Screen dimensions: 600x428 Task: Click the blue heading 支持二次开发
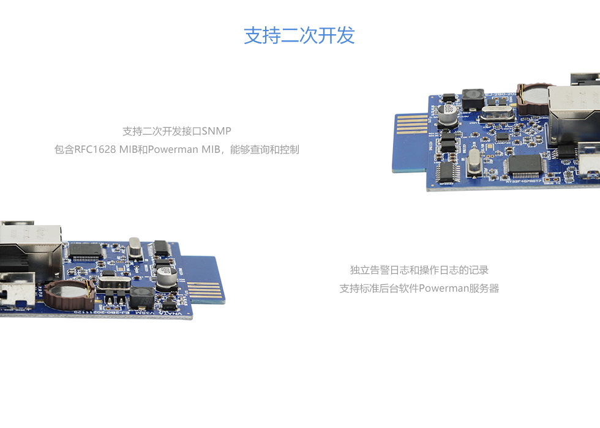[299, 35]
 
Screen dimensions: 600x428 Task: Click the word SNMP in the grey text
[216, 131]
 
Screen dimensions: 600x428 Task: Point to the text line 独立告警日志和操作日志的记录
[419, 270]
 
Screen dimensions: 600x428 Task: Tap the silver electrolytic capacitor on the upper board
[448, 113]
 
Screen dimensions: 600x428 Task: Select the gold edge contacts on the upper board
[411, 124]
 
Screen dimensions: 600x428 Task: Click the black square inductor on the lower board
[142, 298]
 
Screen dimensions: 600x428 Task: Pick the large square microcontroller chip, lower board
[85, 251]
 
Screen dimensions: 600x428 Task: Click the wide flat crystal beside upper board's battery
[495, 113]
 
